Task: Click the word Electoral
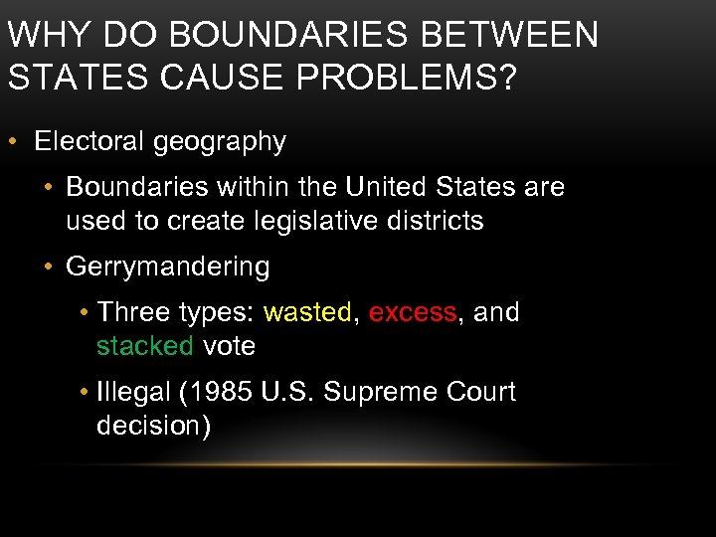(89, 141)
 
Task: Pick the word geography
(219, 142)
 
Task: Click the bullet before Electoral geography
(14, 141)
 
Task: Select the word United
(383, 187)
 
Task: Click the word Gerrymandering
(167, 267)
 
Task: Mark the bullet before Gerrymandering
(46, 267)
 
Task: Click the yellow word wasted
(307, 312)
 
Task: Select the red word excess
(413, 312)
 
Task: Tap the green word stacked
(145, 346)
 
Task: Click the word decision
(149, 427)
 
